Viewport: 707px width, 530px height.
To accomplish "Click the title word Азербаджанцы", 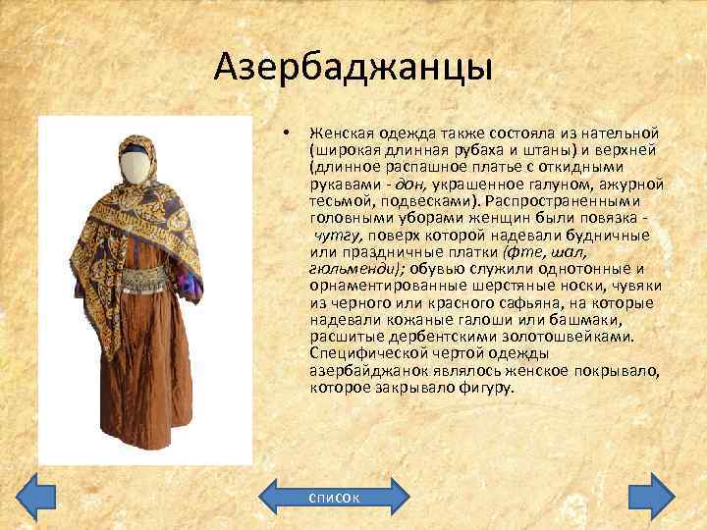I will click(353, 69).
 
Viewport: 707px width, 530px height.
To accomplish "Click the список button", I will click(334, 497).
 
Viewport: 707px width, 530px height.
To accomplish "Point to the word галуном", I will click(561, 185).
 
